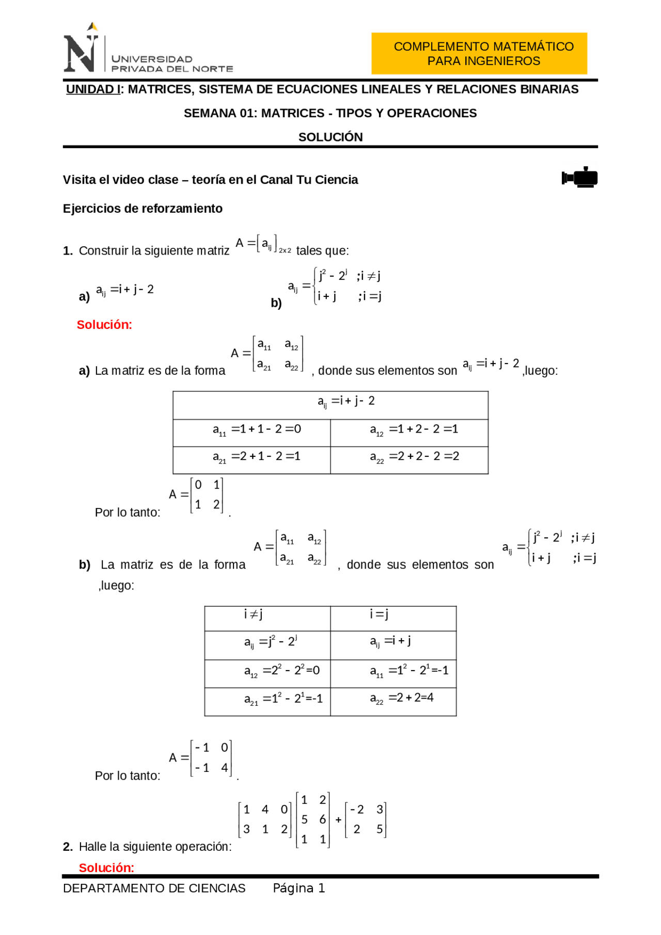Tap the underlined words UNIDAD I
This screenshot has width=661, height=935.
click(x=93, y=89)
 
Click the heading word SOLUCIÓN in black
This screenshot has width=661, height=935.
click(x=330, y=137)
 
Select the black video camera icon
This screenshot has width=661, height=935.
click(x=579, y=178)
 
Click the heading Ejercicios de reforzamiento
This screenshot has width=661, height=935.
click(x=143, y=209)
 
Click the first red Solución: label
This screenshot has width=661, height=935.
click(x=104, y=325)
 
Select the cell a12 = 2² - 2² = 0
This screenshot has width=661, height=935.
click(x=267, y=671)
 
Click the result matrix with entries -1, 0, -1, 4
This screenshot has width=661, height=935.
click(x=211, y=758)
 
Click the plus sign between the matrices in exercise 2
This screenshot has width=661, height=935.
click(x=338, y=820)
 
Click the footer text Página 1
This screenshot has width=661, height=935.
click(x=298, y=888)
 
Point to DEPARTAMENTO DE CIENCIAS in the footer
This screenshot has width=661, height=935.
click(x=154, y=888)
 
